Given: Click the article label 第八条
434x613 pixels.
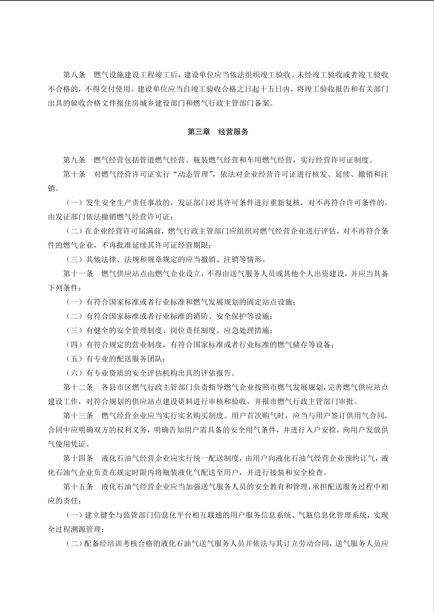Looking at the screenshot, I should coord(74,75).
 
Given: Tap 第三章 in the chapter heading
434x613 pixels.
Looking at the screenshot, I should coord(199,132).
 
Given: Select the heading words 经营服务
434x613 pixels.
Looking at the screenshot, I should coord(233,132).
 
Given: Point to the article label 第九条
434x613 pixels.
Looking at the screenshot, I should coord(74,160).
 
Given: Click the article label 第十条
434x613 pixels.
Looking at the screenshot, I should coord(74,174).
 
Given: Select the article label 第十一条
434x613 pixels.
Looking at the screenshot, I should coord(78,274).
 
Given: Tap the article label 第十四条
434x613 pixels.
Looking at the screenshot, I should coord(78,458).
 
